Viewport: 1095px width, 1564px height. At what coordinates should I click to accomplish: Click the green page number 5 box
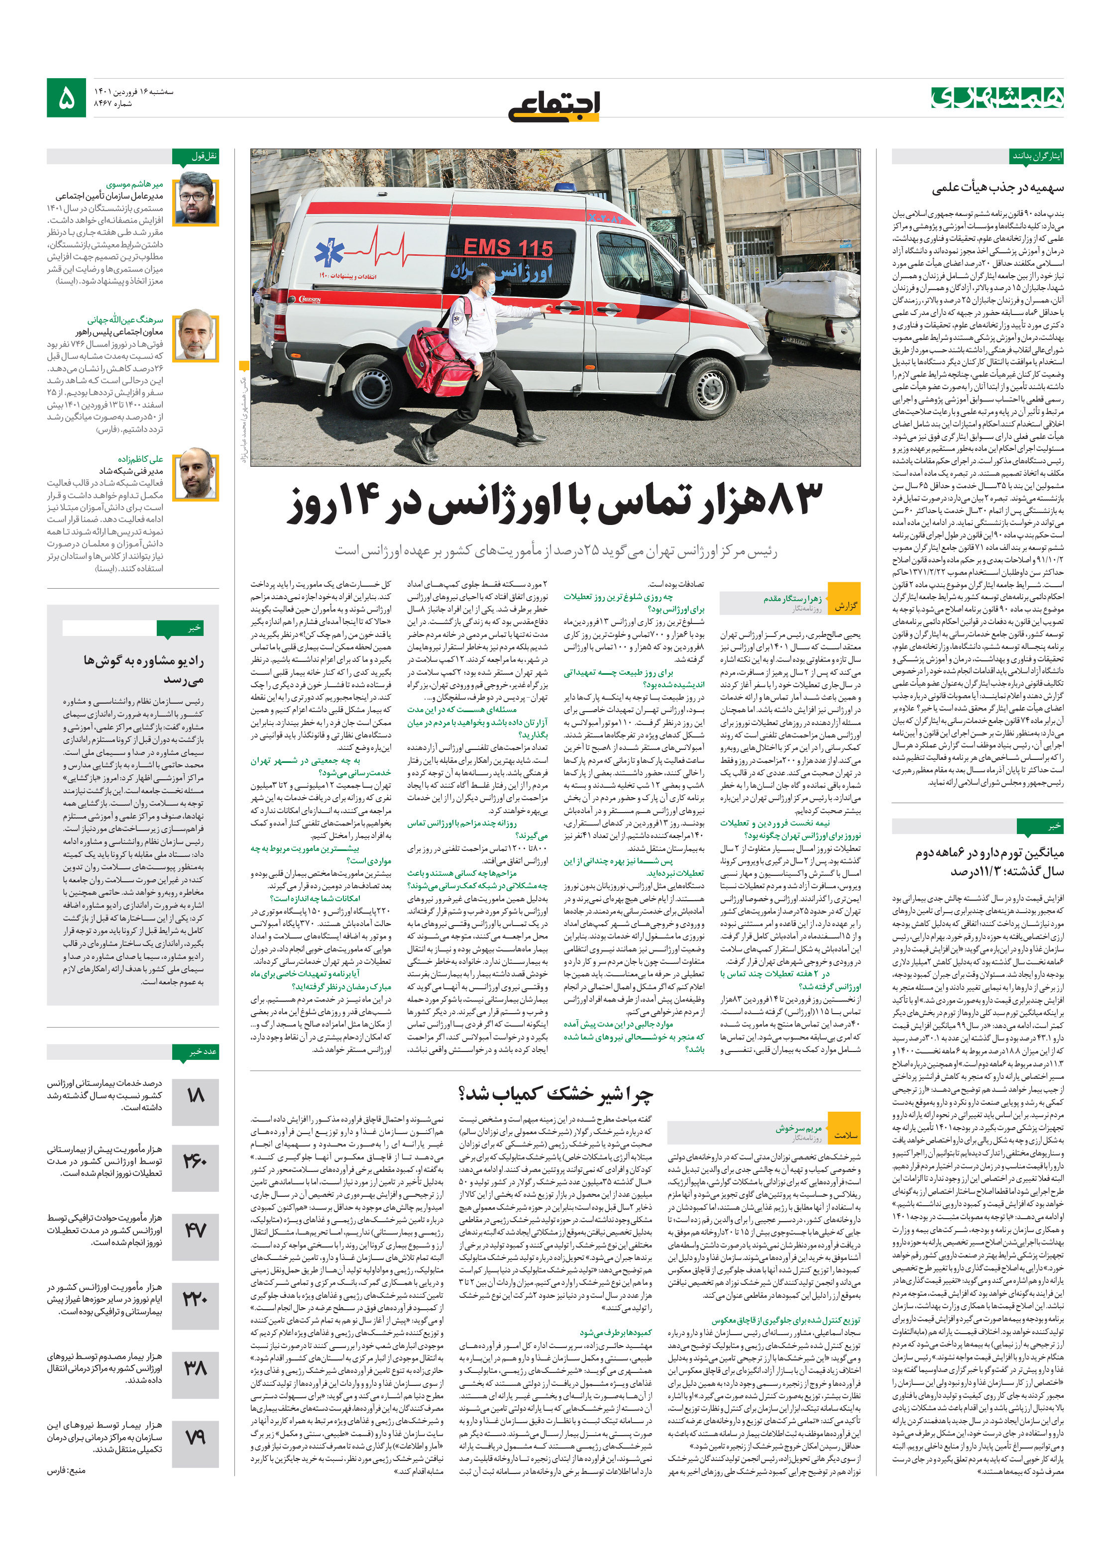point(66,98)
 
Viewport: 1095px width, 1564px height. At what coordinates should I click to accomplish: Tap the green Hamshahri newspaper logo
point(997,98)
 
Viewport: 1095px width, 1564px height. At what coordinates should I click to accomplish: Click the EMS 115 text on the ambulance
point(508,247)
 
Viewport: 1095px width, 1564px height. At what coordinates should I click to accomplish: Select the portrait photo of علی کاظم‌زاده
point(196,474)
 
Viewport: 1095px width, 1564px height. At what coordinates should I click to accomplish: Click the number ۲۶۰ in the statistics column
point(196,1159)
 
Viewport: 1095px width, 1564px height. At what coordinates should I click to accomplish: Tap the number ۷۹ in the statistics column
point(196,1437)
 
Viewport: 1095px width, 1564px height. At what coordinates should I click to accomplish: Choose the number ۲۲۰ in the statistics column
point(196,1298)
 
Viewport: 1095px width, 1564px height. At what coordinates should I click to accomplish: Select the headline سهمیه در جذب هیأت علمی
point(997,187)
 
